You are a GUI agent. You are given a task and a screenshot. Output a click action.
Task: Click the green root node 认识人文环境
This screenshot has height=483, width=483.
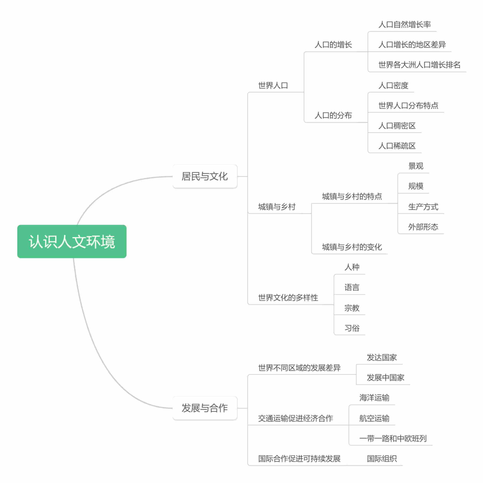(72, 241)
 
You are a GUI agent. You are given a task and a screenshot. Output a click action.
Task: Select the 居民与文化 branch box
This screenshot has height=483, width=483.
(205, 176)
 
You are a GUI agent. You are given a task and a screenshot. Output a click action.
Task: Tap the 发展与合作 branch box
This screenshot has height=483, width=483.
(205, 408)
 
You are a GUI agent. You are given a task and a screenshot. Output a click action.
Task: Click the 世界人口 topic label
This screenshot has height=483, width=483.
(273, 85)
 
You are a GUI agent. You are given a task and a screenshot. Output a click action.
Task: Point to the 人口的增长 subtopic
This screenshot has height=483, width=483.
(333, 45)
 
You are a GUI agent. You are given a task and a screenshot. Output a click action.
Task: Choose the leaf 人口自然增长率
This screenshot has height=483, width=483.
(404, 24)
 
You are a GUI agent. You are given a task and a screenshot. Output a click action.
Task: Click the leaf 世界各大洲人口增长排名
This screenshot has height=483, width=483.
(419, 65)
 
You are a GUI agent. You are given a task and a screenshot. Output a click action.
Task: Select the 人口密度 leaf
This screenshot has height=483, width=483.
(393, 85)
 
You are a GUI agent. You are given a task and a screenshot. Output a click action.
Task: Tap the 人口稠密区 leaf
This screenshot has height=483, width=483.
(397, 126)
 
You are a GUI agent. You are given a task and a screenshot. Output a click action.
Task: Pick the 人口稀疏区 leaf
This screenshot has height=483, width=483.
(397, 146)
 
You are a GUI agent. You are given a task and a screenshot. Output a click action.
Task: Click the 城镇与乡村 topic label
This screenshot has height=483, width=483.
(277, 207)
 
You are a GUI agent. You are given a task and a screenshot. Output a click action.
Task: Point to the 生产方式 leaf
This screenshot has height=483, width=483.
(423, 207)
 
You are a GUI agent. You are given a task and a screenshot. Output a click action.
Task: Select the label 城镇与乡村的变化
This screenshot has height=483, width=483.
(352, 247)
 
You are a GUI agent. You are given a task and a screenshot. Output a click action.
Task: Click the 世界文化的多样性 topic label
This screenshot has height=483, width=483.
(288, 297)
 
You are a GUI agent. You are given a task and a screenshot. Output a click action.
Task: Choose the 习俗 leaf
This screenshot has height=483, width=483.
(352, 328)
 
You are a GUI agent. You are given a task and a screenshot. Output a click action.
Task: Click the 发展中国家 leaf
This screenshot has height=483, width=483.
(385, 377)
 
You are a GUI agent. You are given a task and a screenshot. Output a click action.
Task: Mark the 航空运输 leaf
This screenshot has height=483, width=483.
(374, 418)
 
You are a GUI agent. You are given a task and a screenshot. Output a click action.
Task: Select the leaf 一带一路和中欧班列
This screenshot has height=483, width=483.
(393, 438)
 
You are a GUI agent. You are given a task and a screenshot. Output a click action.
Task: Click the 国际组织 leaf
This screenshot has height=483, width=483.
(382, 459)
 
